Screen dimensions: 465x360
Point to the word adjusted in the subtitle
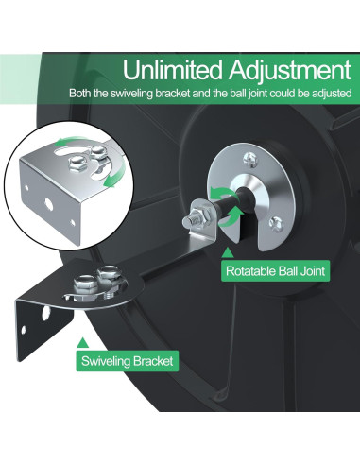pos(331,94)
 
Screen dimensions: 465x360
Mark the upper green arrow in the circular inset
pos(65,145)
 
